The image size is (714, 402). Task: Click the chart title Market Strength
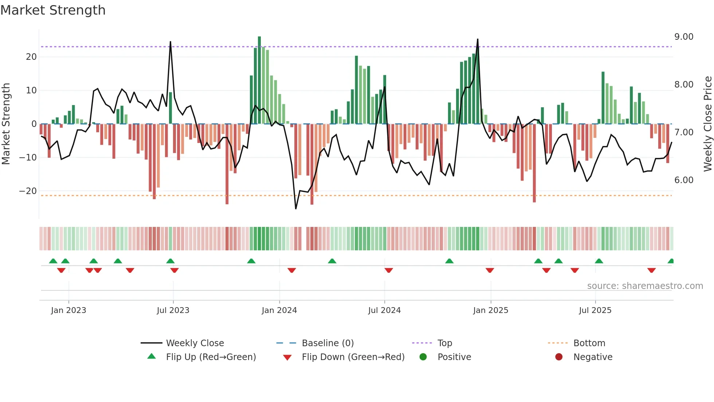[x=53, y=10]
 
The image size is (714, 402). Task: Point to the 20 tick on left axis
[x=31, y=57]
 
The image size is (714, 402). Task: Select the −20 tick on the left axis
[x=28, y=191]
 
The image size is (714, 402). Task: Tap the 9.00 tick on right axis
[x=684, y=37]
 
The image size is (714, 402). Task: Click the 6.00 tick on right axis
[x=684, y=180]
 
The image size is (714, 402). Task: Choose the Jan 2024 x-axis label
[x=279, y=310]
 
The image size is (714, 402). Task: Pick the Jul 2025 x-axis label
[x=595, y=310]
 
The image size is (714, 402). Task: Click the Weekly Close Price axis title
[x=707, y=124]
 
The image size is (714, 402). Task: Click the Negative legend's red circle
[x=559, y=357]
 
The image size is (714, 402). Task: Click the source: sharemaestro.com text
[x=645, y=286]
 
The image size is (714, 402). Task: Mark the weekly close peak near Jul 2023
[x=170, y=42]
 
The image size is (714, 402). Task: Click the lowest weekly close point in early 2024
[x=296, y=209]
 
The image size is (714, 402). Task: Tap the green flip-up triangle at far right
[x=671, y=261]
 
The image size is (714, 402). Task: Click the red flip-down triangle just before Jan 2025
[x=490, y=270]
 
